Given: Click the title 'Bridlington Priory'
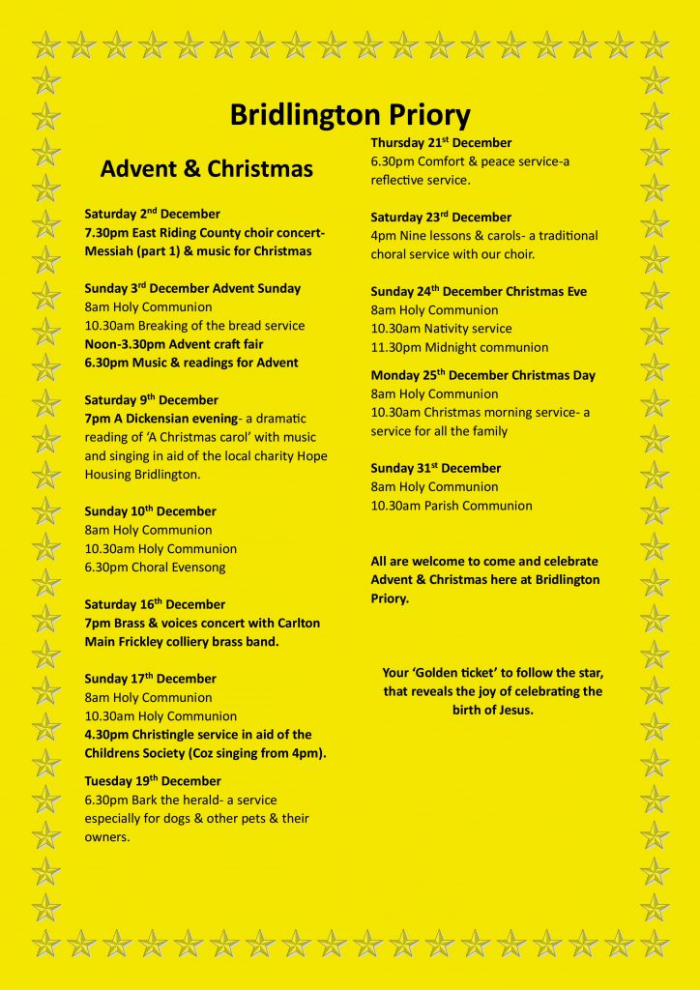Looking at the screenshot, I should (350, 115).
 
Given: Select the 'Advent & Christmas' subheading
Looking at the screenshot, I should (207, 169).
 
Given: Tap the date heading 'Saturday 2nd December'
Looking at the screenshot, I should (153, 214).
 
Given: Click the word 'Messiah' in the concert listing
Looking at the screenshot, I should (108, 251).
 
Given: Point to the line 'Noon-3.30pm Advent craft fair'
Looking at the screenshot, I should (174, 344).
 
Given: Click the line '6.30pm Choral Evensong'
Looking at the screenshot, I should (155, 568).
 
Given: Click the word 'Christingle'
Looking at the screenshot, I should (160, 735).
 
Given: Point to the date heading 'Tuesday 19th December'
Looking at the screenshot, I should (153, 781).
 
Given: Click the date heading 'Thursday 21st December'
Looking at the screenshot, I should (441, 143).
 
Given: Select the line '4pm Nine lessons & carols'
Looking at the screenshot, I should (483, 236).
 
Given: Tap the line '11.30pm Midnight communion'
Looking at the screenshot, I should (459, 348).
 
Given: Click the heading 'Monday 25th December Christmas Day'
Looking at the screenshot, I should (482, 375).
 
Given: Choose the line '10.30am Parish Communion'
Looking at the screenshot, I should (452, 506).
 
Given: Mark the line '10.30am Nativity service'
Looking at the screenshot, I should (441, 329).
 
